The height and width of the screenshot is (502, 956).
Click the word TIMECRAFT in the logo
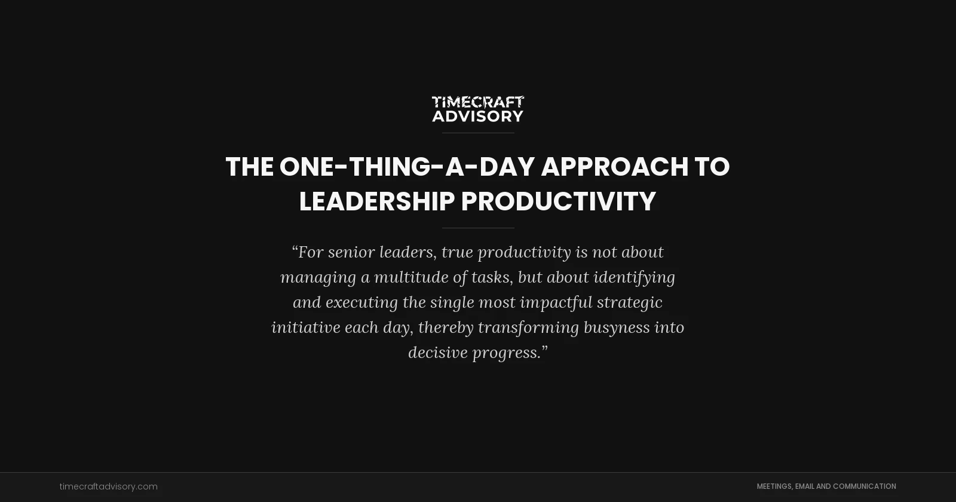478,102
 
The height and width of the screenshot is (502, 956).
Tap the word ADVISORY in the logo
478,116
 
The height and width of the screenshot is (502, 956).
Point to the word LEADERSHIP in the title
376,201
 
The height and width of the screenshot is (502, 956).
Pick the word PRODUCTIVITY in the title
559,201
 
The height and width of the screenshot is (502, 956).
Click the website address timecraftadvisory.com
108,486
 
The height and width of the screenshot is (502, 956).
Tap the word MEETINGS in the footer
774,486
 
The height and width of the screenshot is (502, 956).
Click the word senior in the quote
351,252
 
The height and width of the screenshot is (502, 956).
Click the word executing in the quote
361,302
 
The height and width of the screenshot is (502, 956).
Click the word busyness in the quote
617,327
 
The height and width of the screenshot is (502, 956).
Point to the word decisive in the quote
437,353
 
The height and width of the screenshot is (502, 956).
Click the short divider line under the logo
478,133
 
